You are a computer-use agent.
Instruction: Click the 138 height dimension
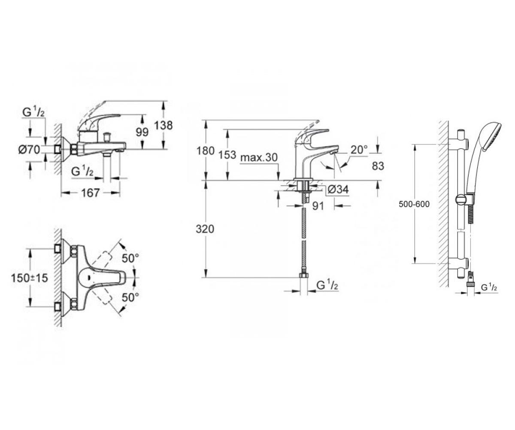pyautogui.click(x=163, y=125)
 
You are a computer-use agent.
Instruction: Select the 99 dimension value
pyautogui.click(x=142, y=132)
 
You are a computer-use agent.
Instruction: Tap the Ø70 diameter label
pyautogui.click(x=29, y=150)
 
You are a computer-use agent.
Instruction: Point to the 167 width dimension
pyautogui.click(x=90, y=193)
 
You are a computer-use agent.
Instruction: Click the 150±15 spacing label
pyautogui.click(x=29, y=278)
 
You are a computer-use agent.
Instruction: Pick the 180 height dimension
pyautogui.click(x=205, y=151)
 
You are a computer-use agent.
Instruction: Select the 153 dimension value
pyautogui.click(x=227, y=155)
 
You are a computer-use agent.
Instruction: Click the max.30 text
pyautogui.click(x=259, y=157)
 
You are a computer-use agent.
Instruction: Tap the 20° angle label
pyautogui.click(x=359, y=150)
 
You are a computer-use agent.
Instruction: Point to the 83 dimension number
pyautogui.click(x=378, y=166)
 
